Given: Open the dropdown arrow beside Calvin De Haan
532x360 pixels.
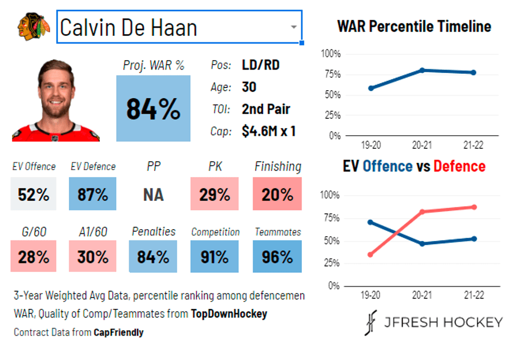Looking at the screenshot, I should (x=293, y=27).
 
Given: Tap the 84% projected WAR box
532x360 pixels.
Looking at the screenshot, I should (x=153, y=109).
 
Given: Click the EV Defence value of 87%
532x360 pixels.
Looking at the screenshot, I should (x=93, y=194).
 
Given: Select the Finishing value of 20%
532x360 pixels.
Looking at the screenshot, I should (x=277, y=194).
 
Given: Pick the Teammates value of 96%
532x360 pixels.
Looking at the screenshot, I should (x=277, y=257).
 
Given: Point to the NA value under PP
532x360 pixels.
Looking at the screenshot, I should (x=153, y=194).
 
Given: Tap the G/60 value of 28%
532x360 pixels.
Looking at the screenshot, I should (x=34, y=257).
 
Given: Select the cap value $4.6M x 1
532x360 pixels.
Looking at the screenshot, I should (x=269, y=131).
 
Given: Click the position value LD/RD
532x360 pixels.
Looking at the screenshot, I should (x=261, y=65).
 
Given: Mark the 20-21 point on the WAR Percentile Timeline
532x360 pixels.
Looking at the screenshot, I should (x=422, y=70).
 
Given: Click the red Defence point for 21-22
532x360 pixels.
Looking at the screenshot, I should (x=474, y=207).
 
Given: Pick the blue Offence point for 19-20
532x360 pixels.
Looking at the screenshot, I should (x=370, y=222).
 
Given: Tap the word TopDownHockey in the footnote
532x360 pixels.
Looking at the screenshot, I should (x=229, y=314).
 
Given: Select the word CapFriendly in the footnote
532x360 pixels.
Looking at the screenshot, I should (x=118, y=332).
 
